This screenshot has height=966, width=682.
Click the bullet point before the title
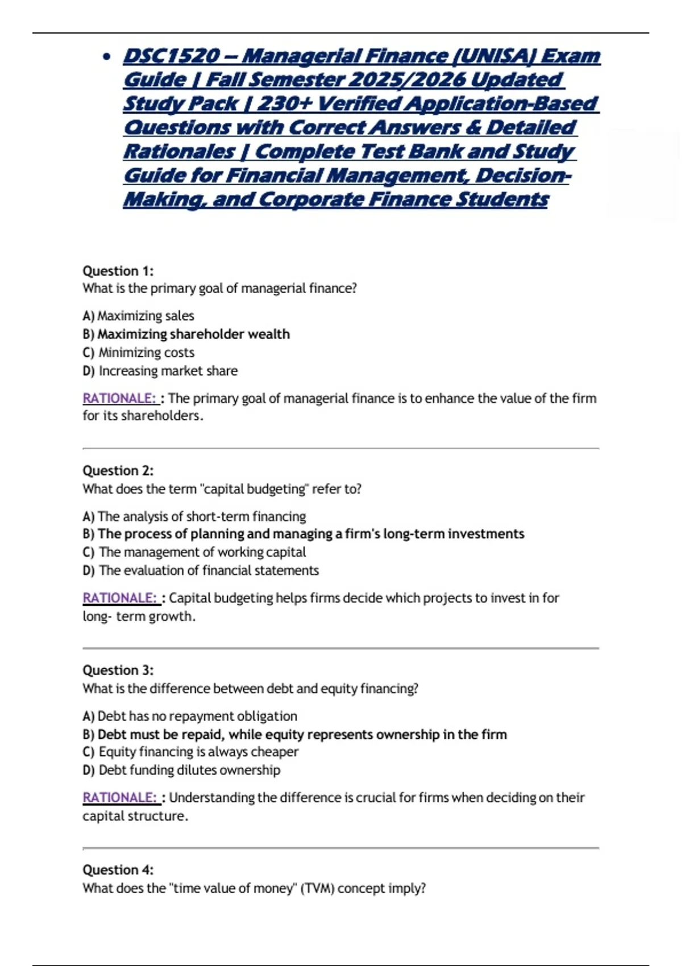106,56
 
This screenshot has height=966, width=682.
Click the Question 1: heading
118,270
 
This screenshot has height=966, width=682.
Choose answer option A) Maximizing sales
138,315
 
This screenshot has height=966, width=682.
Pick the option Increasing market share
160,371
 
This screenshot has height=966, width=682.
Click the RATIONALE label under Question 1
119,398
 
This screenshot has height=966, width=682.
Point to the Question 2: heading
118,470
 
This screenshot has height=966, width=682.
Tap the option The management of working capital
194,552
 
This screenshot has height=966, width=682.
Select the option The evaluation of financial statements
201,571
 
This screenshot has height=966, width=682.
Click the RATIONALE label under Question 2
119,598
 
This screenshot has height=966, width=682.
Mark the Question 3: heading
118,670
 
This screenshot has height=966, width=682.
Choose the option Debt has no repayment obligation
190,716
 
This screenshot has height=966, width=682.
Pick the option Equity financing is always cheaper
190,752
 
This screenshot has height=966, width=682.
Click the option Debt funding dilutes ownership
181,770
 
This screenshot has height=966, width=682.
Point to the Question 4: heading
118,869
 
